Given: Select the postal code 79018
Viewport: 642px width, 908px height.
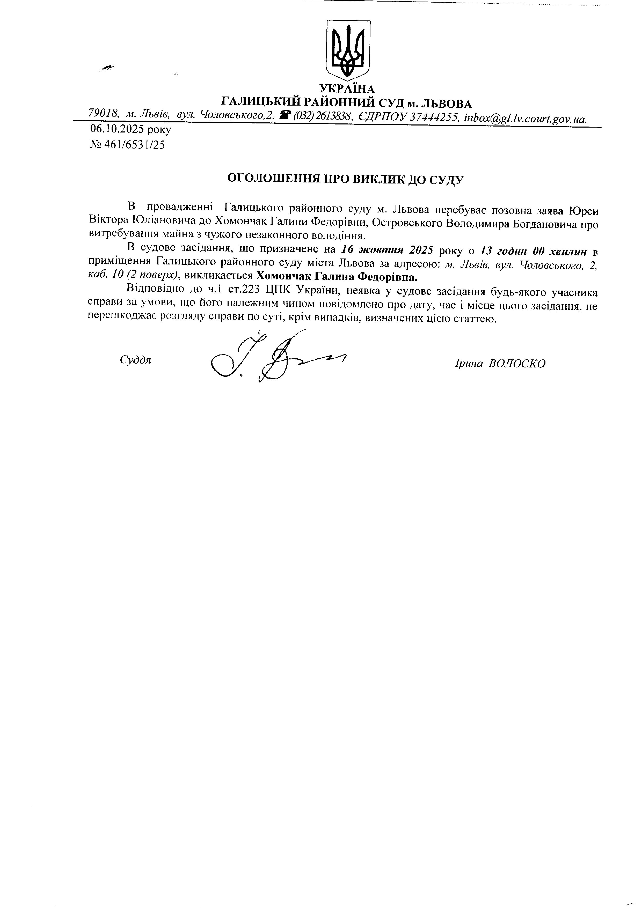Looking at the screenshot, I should tap(104, 114).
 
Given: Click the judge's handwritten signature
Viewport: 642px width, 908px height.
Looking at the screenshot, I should tap(273, 358).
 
